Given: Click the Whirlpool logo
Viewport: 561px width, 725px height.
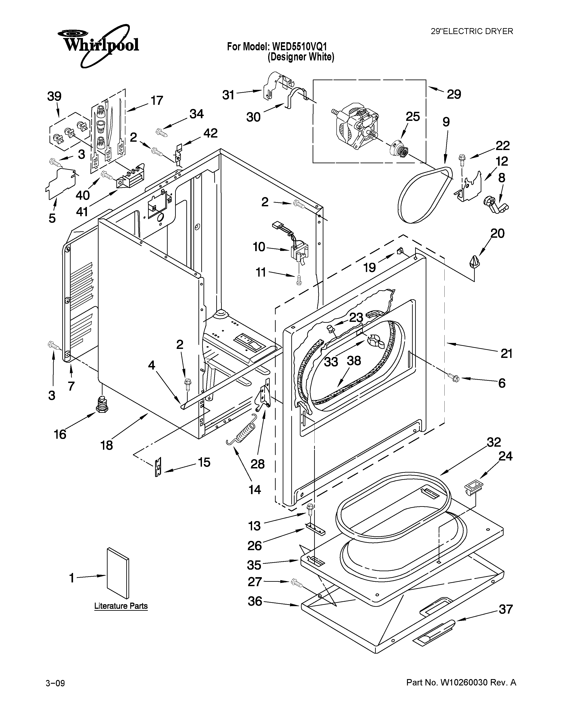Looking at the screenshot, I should [98, 45].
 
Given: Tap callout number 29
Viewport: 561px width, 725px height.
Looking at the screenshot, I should [454, 95].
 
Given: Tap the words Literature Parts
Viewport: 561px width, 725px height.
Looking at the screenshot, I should [121, 606].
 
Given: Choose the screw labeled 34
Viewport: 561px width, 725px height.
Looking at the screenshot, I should [161, 132].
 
